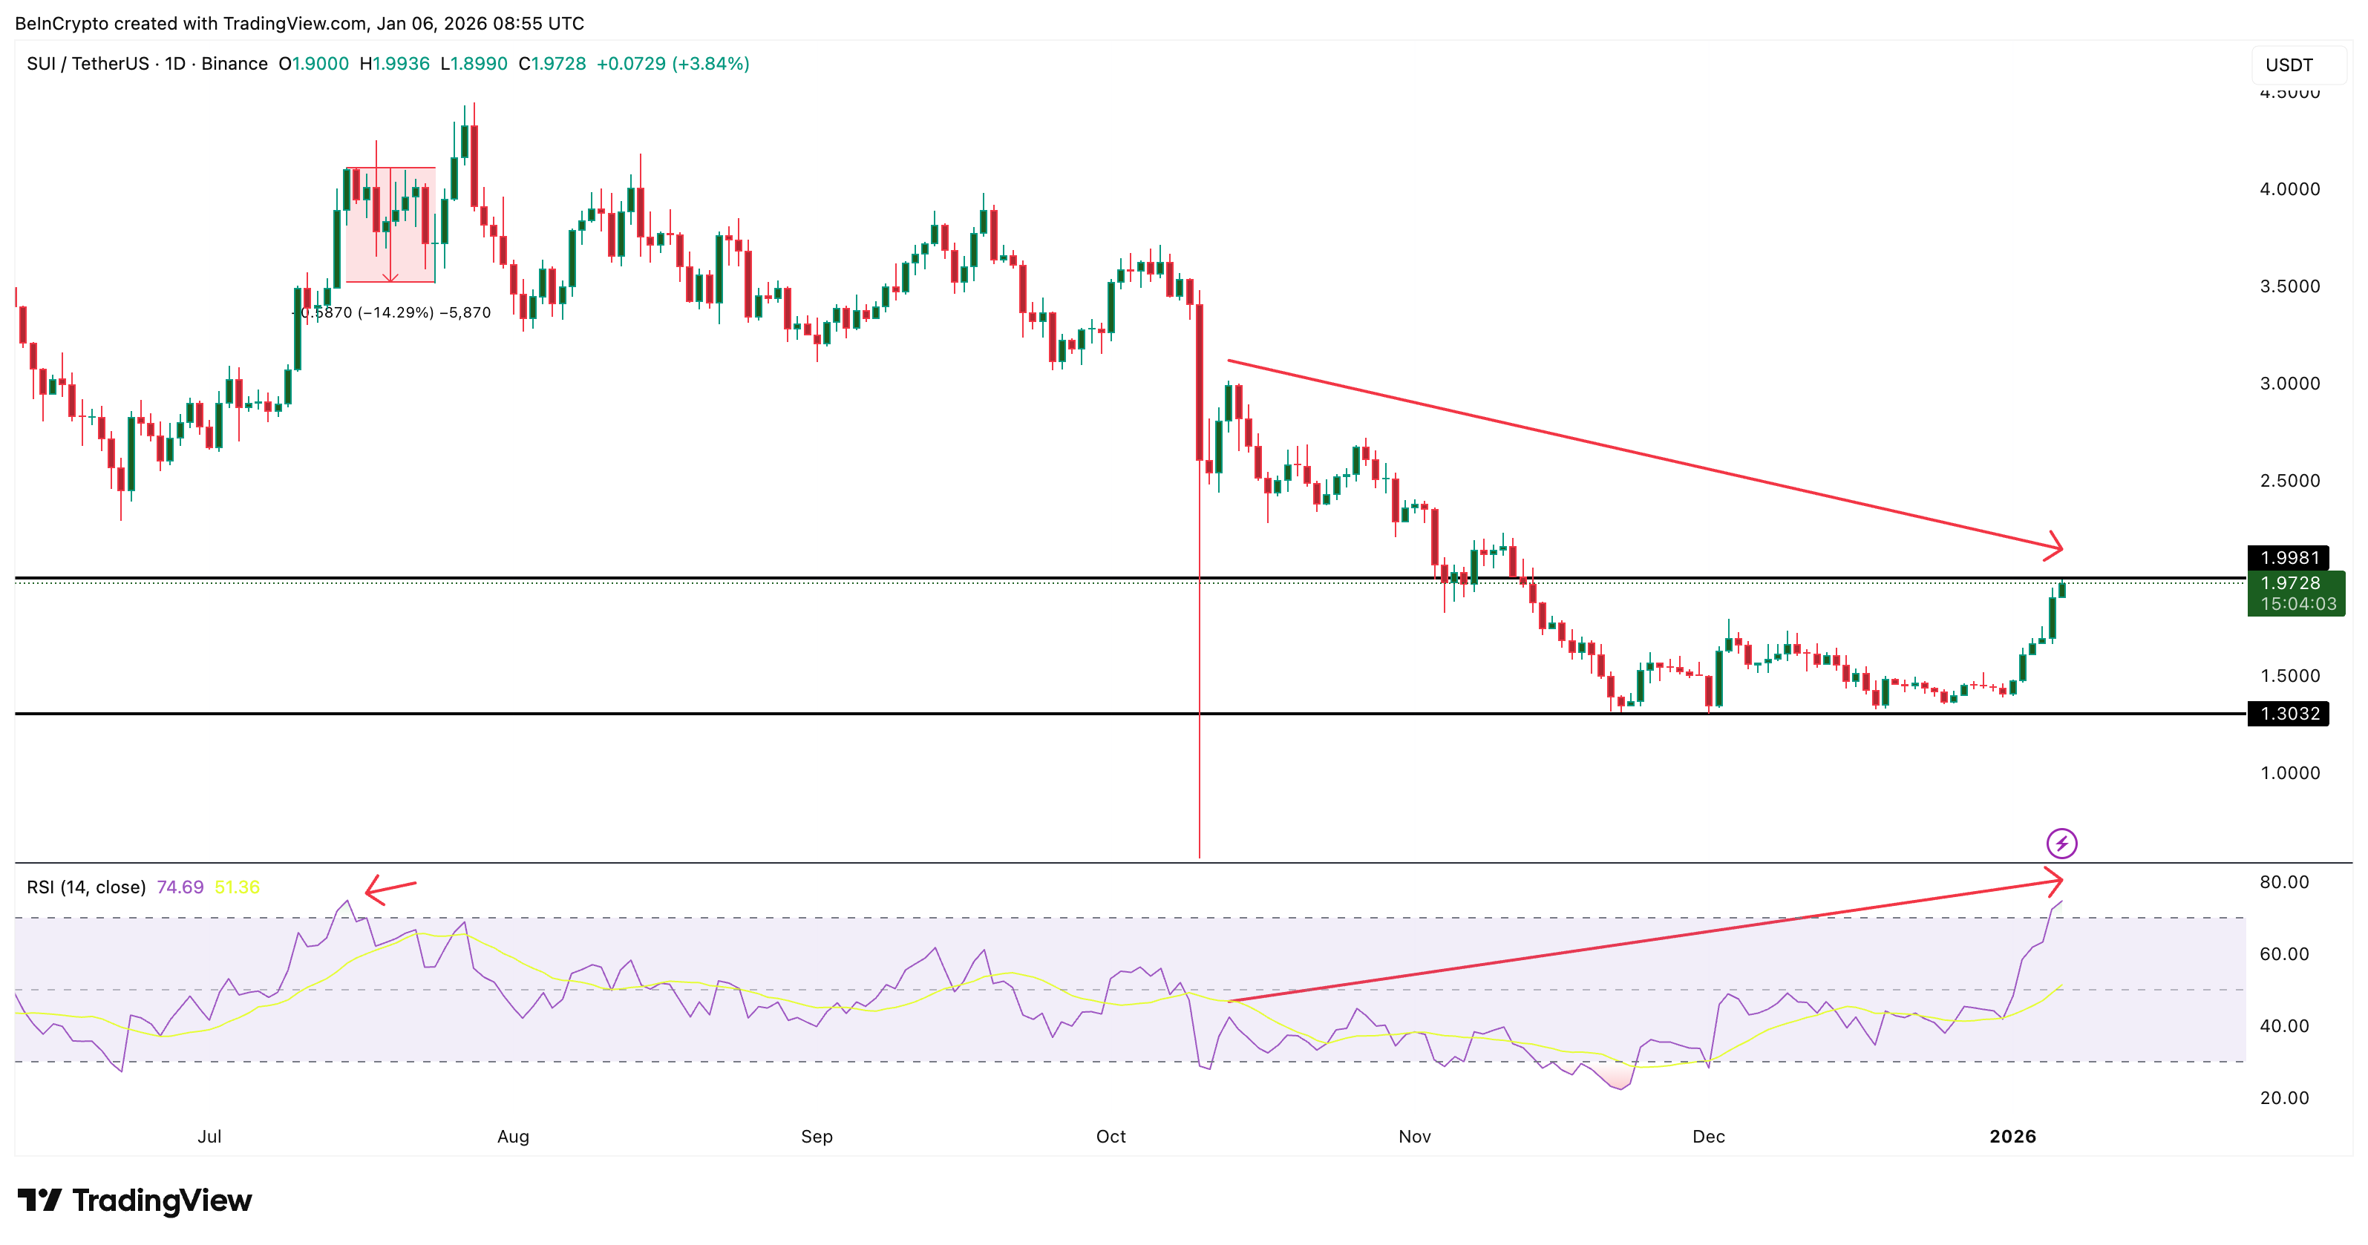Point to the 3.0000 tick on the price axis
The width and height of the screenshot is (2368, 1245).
tap(2289, 383)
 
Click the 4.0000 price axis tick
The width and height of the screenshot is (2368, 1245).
tap(2289, 189)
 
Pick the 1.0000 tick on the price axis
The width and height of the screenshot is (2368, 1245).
tap(2289, 772)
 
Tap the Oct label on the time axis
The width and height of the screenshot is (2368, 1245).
tap(1111, 1137)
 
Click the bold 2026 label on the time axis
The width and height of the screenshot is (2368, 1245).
tap(2012, 1137)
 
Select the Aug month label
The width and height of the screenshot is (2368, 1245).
tap(513, 1137)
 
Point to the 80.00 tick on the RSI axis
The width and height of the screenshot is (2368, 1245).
tap(2283, 882)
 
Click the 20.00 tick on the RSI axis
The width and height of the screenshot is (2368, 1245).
tap(2283, 1098)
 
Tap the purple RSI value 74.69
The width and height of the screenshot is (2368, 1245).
tap(180, 887)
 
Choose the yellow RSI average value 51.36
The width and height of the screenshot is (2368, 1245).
tap(237, 887)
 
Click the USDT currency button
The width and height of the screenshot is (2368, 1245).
tap(2289, 65)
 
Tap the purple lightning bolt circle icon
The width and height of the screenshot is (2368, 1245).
tap(2061, 843)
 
